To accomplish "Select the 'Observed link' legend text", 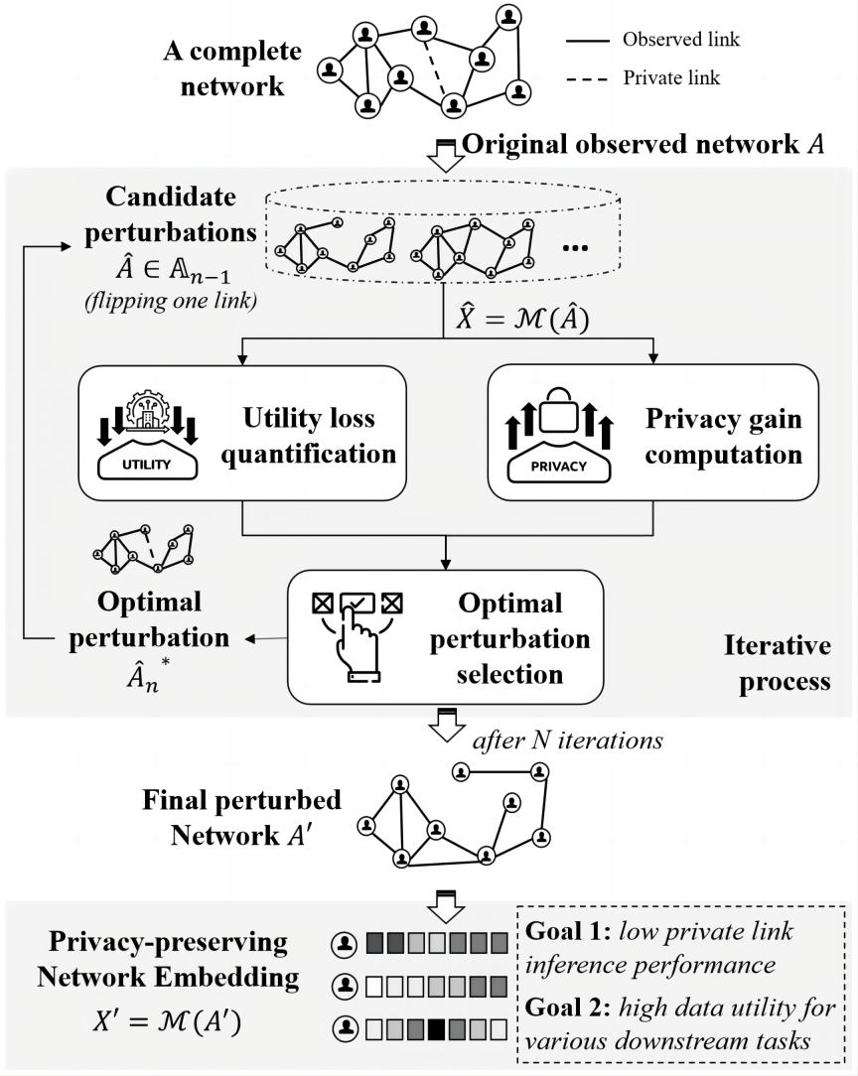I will tap(680, 41).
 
